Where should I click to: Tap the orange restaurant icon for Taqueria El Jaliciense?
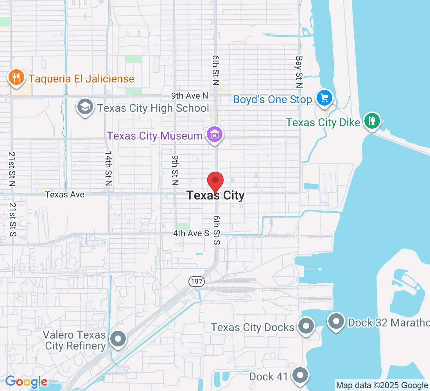tap(16, 77)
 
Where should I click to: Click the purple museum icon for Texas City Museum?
tap(215, 135)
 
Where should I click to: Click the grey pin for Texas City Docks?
tap(306, 326)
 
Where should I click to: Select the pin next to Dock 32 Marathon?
tap(336, 321)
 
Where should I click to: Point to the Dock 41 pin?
tap(300, 375)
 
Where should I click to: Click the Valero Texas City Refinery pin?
tap(118, 339)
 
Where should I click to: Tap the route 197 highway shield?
tap(194, 282)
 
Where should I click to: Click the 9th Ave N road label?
tap(190, 95)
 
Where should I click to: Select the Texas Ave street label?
tap(64, 194)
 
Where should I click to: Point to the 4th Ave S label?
tap(191, 233)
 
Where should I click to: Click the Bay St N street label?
tap(299, 72)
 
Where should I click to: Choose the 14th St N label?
tap(108, 168)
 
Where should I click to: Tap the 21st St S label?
tap(13, 219)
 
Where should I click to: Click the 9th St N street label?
tap(175, 170)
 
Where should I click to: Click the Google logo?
tap(26, 382)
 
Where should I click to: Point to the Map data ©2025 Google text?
tap(382, 386)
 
